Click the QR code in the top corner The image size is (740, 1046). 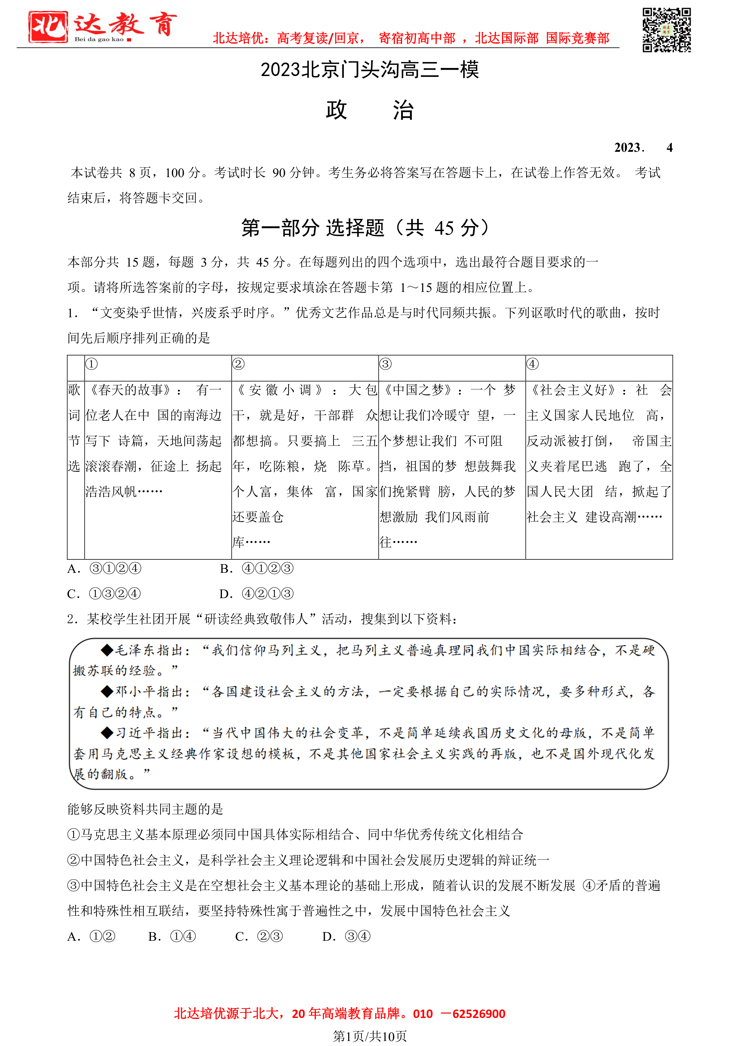666,30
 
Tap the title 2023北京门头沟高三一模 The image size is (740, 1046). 370,70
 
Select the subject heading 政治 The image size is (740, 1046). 370,110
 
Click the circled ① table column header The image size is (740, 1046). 92,364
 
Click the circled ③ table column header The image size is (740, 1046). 385,364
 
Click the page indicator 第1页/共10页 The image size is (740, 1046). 370,1036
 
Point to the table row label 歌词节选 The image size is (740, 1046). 74,428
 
